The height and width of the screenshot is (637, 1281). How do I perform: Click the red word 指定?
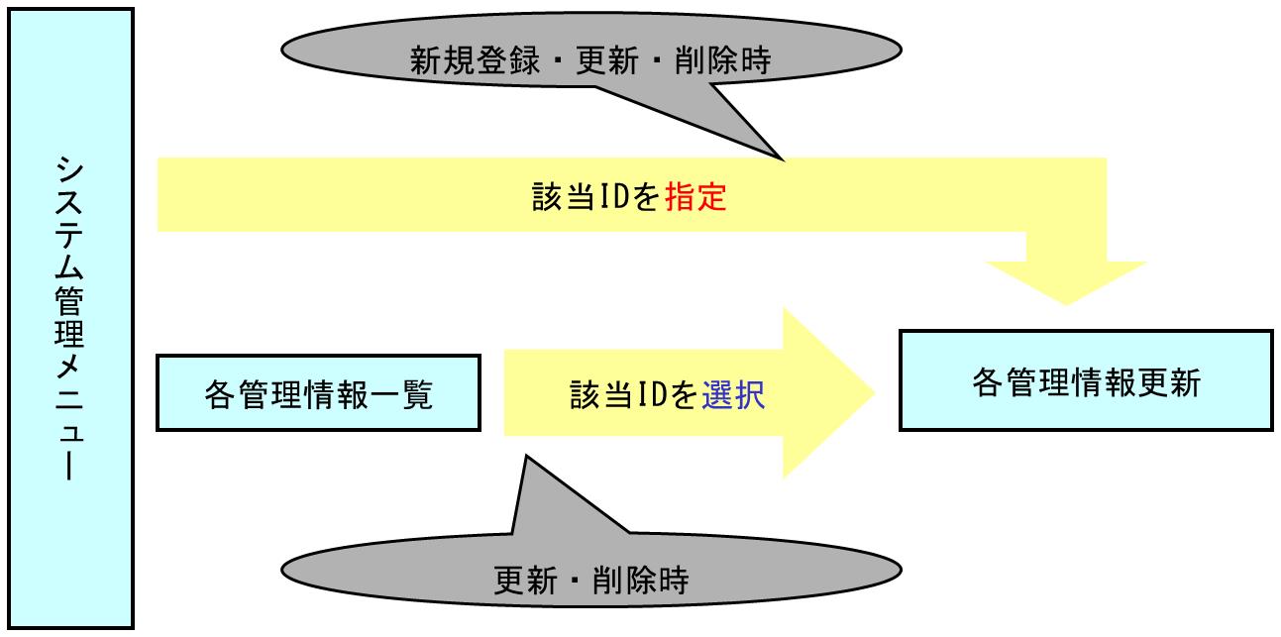696,198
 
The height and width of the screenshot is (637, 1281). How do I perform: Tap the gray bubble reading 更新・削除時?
591,576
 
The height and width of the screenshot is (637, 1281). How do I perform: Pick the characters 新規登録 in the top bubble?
475,61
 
